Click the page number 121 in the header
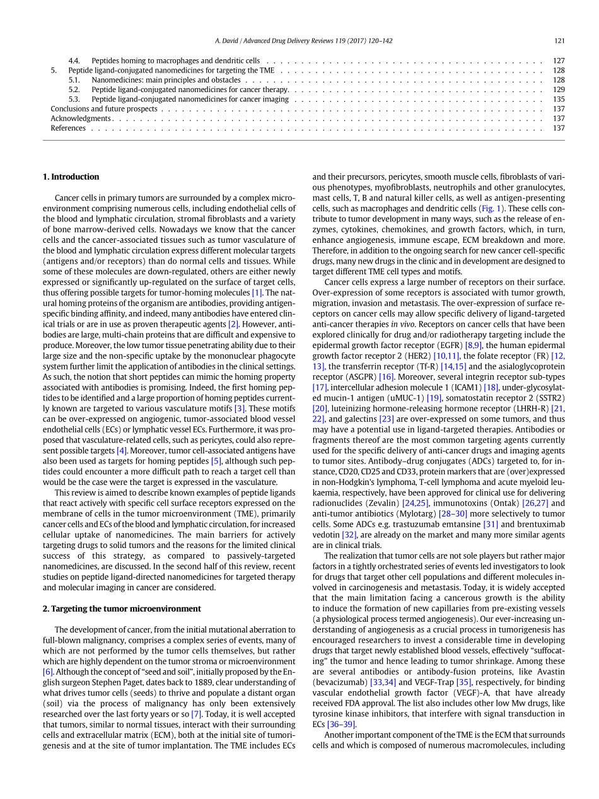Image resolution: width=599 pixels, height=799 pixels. (559, 40)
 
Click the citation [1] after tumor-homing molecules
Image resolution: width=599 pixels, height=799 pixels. (257, 293)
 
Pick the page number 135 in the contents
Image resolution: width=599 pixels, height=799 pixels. (559, 99)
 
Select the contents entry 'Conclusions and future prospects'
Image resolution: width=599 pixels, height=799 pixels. (104, 108)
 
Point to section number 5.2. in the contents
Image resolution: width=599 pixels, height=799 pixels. (74, 90)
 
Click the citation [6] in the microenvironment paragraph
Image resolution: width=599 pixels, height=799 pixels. (48, 672)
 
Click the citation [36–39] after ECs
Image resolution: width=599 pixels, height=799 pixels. (341, 725)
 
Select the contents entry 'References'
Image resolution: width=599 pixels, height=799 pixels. (68, 128)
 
